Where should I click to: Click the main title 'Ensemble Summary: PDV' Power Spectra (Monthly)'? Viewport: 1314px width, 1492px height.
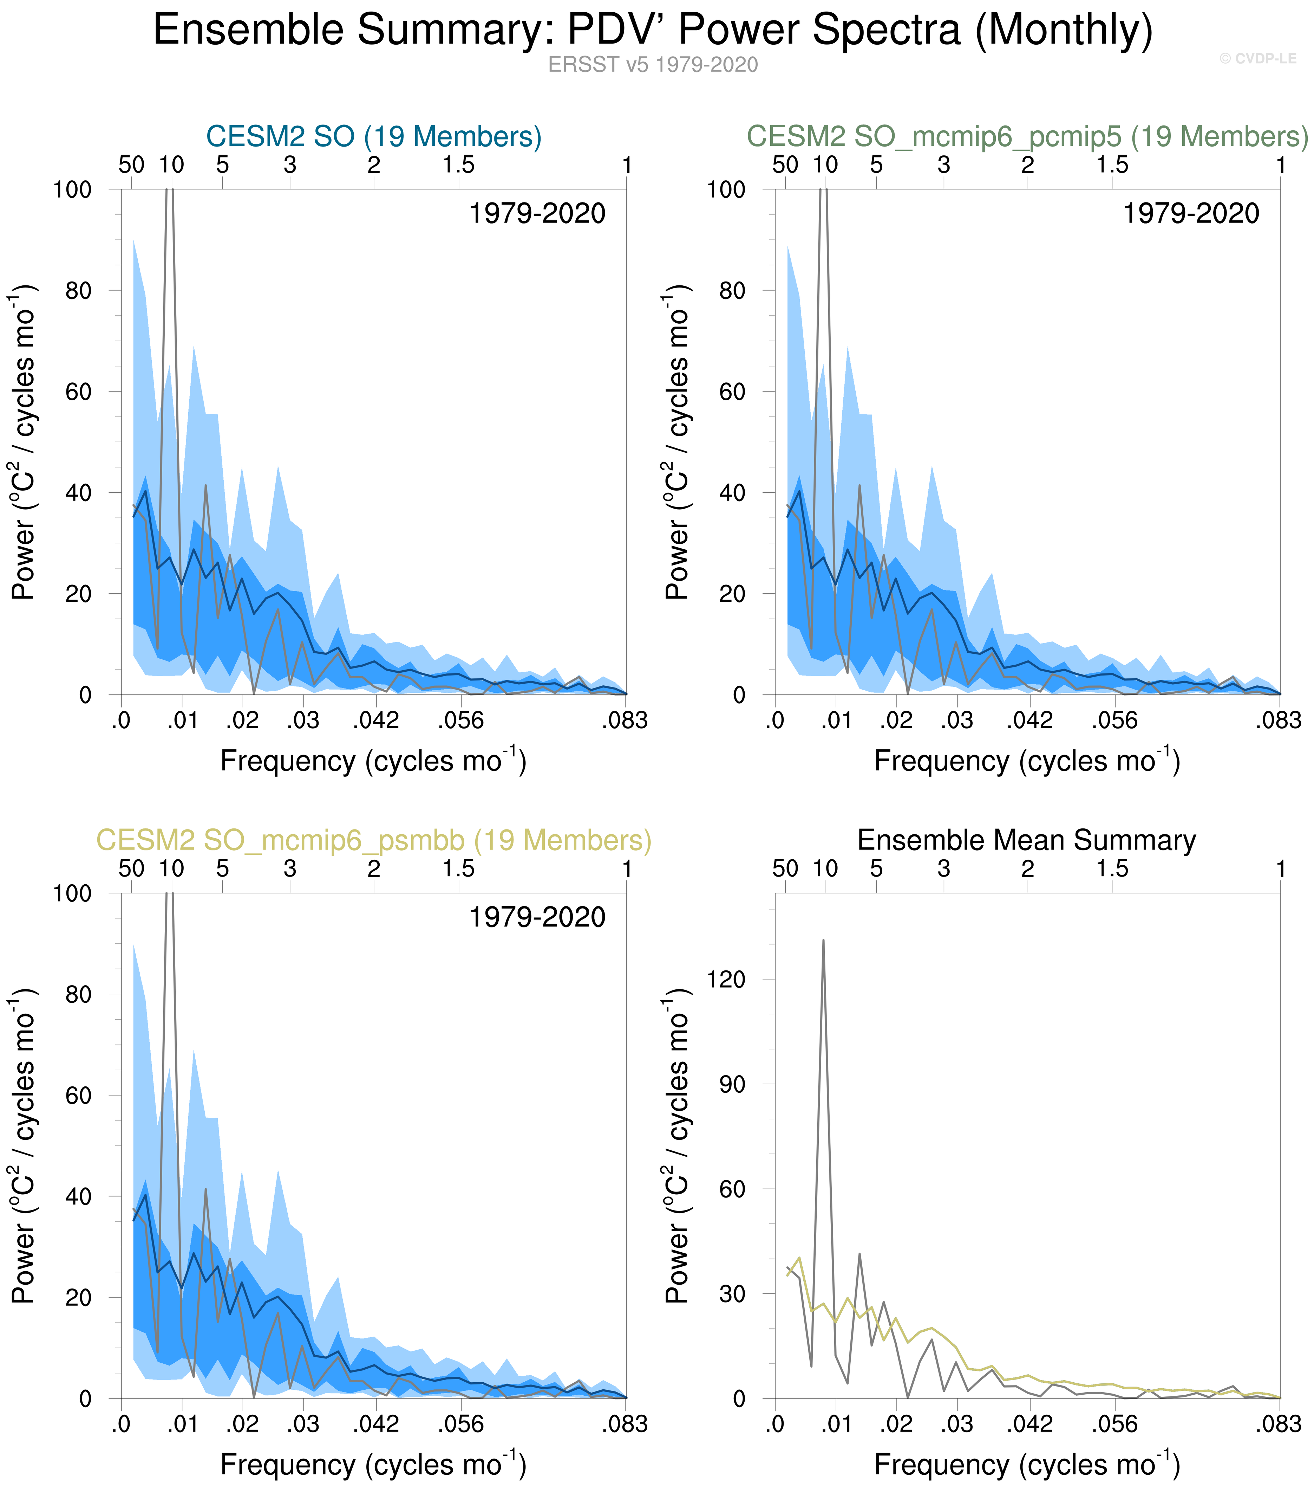click(653, 31)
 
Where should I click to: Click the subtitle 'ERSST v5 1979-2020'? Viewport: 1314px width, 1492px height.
click(653, 65)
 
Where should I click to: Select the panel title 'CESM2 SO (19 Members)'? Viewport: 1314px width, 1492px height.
click(374, 136)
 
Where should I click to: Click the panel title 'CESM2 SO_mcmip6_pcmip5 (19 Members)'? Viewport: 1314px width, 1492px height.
click(1027, 136)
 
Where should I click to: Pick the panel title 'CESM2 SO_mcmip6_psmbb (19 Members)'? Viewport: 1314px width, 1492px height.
click(374, 840)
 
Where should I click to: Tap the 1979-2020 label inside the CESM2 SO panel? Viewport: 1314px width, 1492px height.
click(537, 214)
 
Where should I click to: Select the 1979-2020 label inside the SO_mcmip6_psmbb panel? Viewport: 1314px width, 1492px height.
click(537, 918)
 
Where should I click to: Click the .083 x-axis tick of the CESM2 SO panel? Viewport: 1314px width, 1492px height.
click(625, 721)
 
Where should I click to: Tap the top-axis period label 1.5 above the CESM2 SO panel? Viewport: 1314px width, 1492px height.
click(458, 165)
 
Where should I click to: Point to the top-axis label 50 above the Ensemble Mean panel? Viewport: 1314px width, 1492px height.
click(785, 868)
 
